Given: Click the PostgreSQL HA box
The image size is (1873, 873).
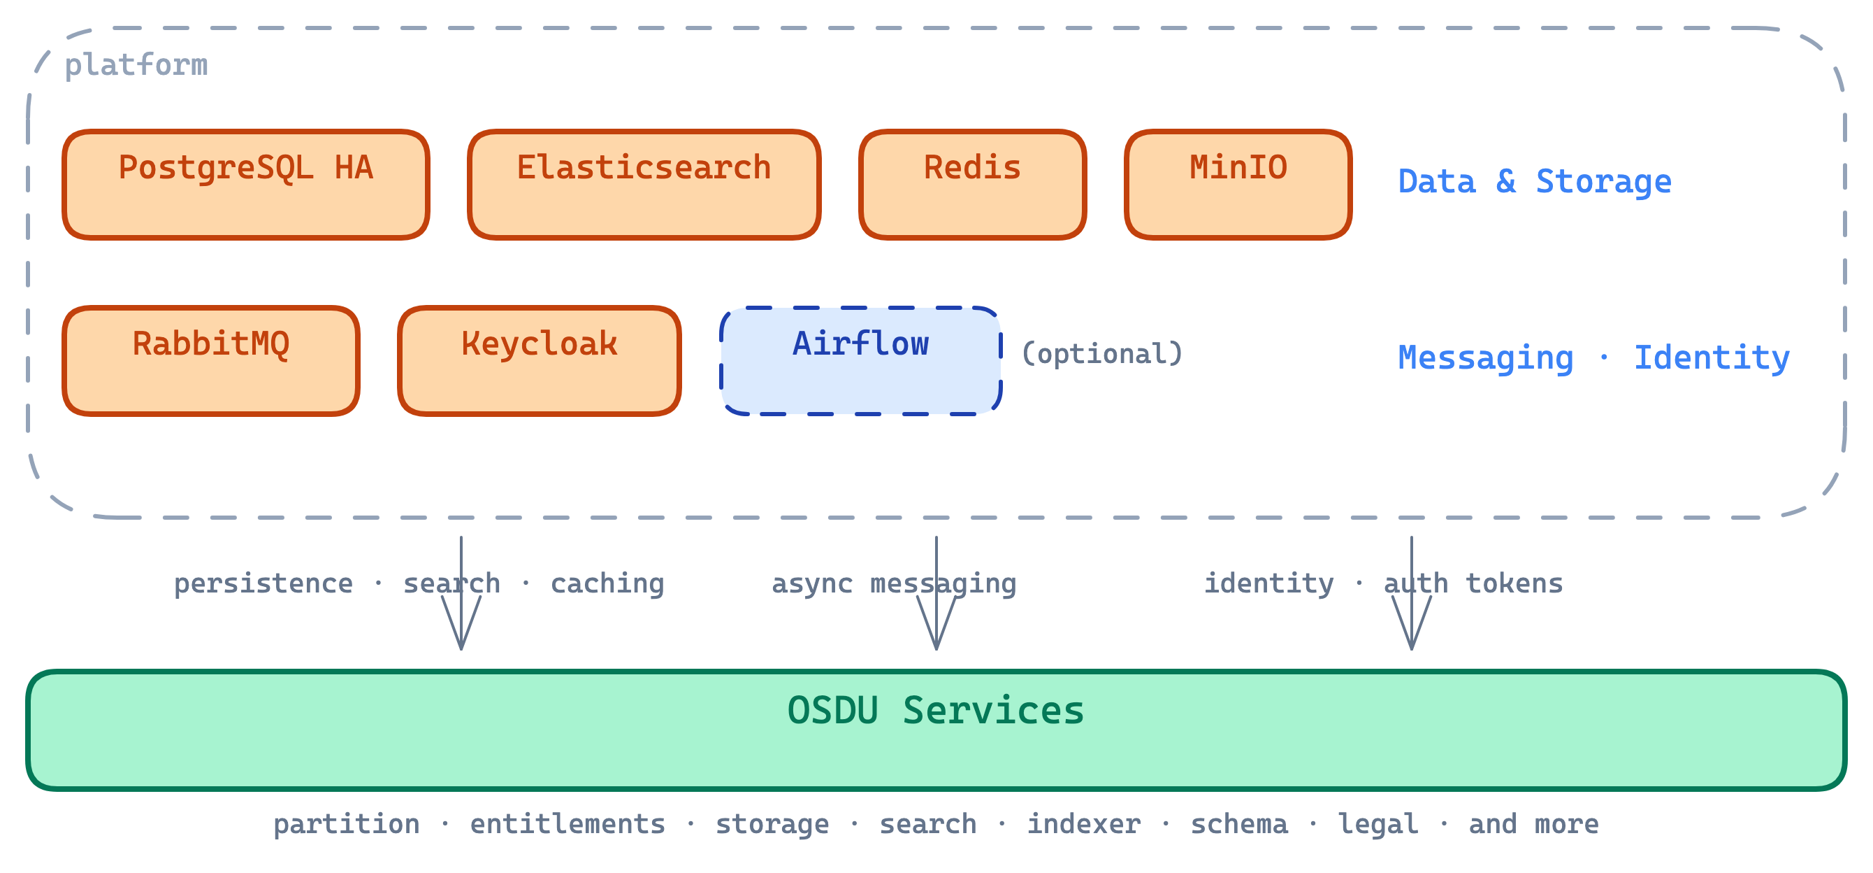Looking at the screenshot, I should pos(246,185).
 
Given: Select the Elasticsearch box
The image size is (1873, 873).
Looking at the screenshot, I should pos(644,185).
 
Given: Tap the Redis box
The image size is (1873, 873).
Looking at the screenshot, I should pos(972,185).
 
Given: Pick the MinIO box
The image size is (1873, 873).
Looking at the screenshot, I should pos(1238,185).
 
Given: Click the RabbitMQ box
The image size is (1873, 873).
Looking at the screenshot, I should pos(211,361).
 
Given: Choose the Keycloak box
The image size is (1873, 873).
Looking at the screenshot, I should pos(539,361).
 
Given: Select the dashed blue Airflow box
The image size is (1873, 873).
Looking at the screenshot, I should pos(860,361).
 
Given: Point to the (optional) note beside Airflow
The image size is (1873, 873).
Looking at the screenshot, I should pos(1102,354).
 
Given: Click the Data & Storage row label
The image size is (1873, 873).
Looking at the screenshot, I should pos(1534,182).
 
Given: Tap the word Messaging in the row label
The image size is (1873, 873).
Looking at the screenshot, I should pos(1485,358).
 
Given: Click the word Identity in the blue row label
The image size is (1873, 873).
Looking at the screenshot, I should pos(1712,358).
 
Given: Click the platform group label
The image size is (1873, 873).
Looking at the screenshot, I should pos(136,66).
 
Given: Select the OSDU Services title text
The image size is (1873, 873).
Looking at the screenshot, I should pos(936,711).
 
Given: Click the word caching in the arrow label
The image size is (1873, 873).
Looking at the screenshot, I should pos(607,584).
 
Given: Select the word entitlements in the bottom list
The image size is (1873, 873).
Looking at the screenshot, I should pos(567,825).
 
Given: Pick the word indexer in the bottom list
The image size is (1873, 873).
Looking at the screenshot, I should pos(1083,825).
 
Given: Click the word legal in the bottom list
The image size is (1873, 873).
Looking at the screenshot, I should pos(1378,825).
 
